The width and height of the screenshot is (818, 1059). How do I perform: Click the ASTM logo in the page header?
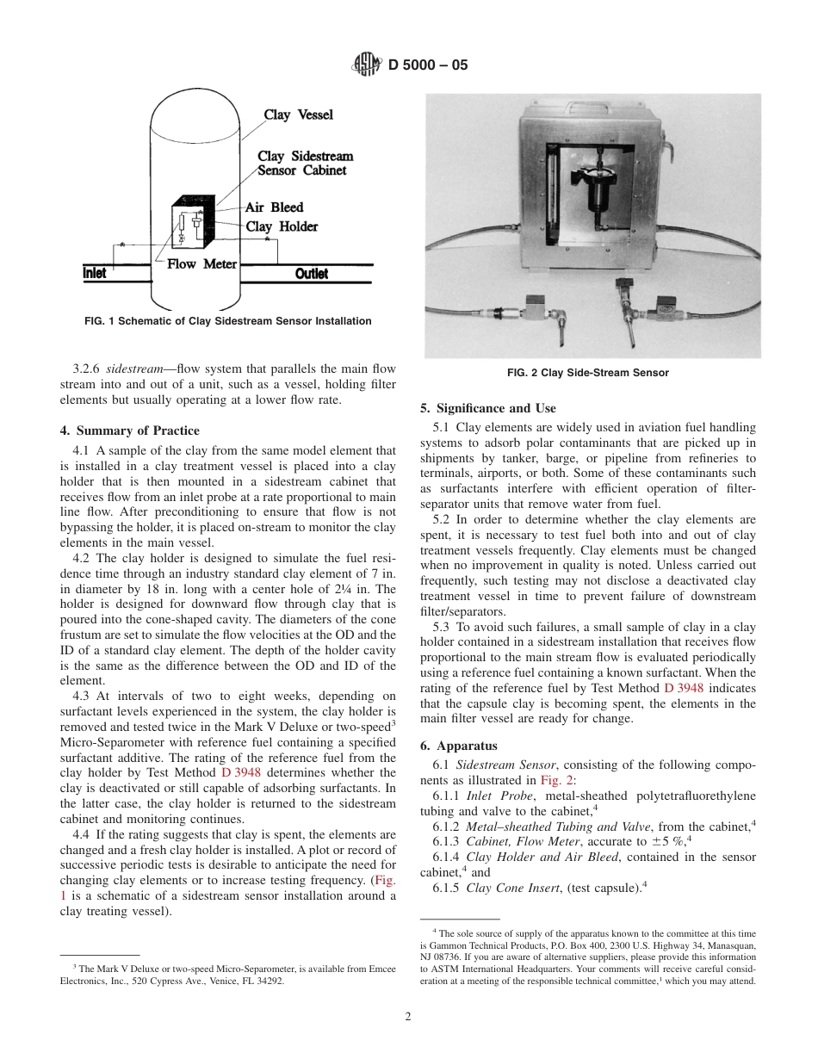(368, 64)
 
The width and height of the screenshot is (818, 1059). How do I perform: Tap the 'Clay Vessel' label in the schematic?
(298, 115)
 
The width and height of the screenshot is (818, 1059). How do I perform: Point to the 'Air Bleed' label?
(274, 207)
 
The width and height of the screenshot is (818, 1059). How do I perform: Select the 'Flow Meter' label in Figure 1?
(201, 264)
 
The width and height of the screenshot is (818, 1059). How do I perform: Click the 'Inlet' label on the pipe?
(95, 273)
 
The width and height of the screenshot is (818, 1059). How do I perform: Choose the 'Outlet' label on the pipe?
(311, 274)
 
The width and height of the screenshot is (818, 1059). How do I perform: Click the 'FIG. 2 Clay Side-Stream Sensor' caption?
(587, 373)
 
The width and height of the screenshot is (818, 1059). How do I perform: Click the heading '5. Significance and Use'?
(487, 408)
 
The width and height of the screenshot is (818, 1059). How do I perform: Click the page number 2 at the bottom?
(408, 1016)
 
